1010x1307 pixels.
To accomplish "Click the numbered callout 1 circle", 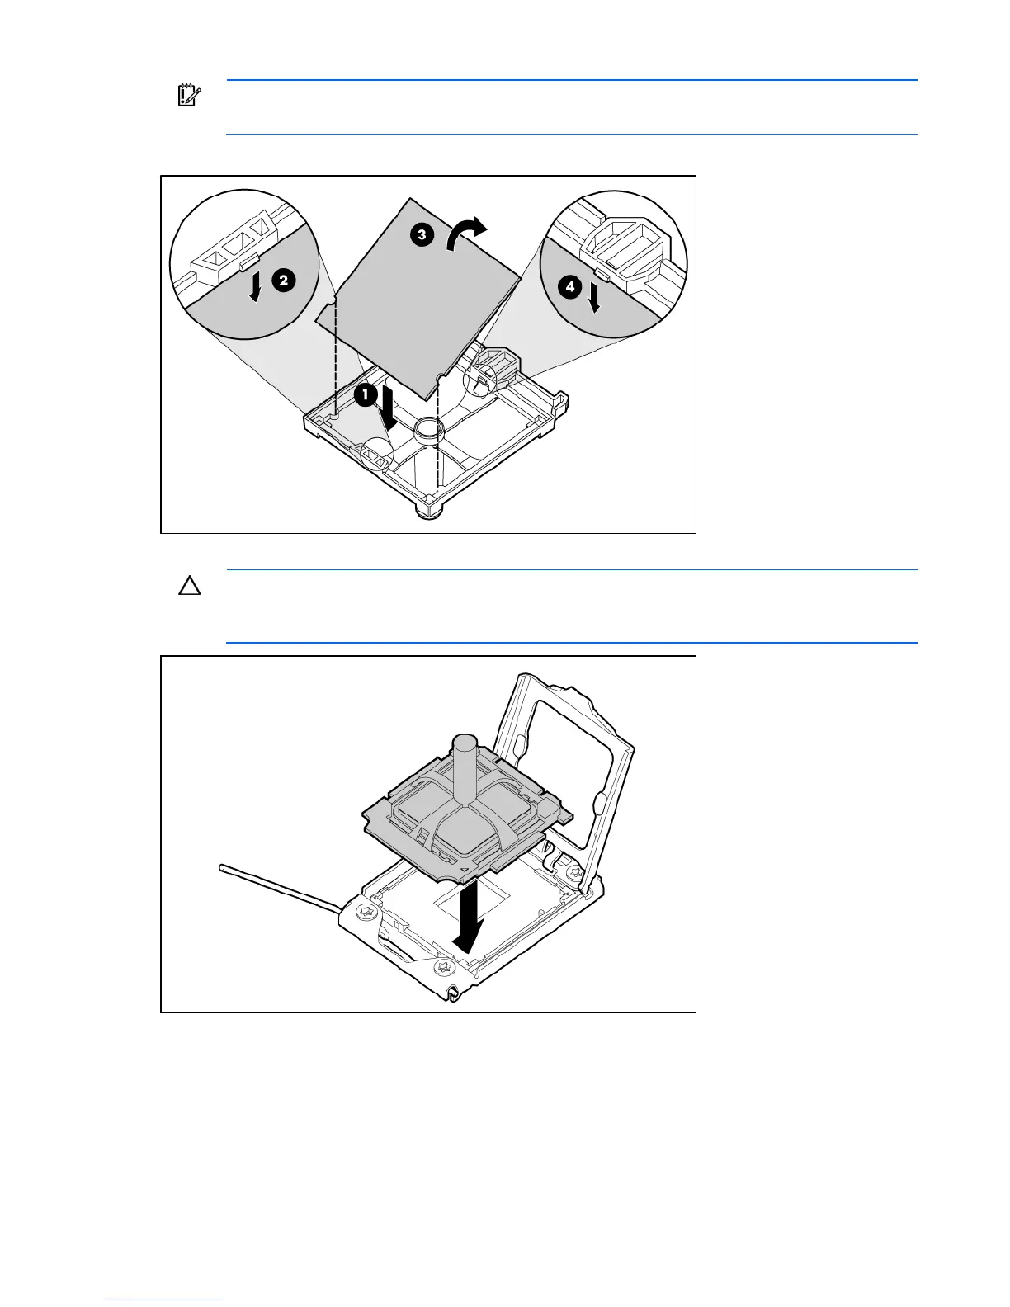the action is click(x=365, y=395).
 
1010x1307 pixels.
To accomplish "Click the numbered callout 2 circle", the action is click(x=282, y=281).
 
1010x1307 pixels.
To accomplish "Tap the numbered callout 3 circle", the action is click(x=421, y=234).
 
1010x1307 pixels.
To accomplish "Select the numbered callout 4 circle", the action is click(x=569, y=287).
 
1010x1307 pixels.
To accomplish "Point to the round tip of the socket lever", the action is click(x=223, y=866).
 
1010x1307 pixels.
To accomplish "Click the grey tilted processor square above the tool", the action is click(x=420, y=289).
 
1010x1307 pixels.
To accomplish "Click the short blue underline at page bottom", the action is click(x=164, y=1300).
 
